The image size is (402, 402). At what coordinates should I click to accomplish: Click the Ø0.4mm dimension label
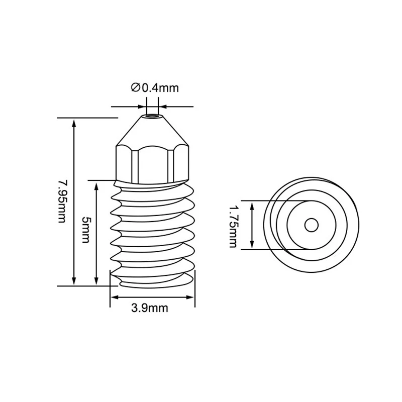coord(155,88)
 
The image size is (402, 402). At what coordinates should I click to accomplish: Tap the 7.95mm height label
coord(62,202)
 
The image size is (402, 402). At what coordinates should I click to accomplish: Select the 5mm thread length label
coord(85,230)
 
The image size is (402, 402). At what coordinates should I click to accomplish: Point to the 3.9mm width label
coord(150,308)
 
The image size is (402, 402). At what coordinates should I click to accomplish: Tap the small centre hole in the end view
coord(312,225)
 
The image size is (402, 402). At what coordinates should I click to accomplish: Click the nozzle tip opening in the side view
coord(152,116)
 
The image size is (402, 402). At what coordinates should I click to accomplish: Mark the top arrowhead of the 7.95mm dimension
coord(74,124)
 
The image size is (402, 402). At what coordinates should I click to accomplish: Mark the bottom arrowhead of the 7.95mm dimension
coord(74,280)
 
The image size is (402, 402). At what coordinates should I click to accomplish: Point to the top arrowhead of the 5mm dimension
coord(96,186)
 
